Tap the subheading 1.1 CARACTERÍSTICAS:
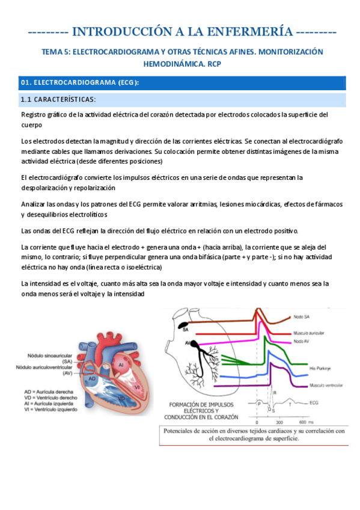[x=58, y=99]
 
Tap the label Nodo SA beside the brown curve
[x=304, y=316]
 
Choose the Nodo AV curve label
[x=303, y=341]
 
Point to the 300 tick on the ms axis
[x=279, y=422]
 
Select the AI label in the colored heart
[x=121, y=364]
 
